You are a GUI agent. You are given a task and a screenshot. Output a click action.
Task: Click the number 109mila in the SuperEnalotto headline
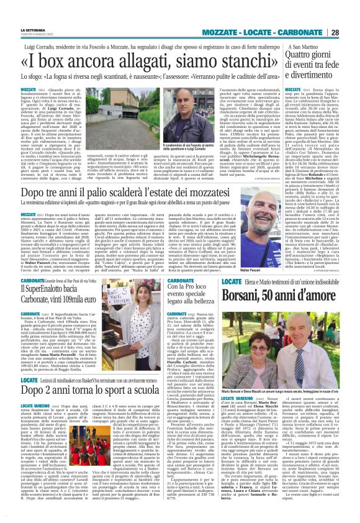coord(68,298)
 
